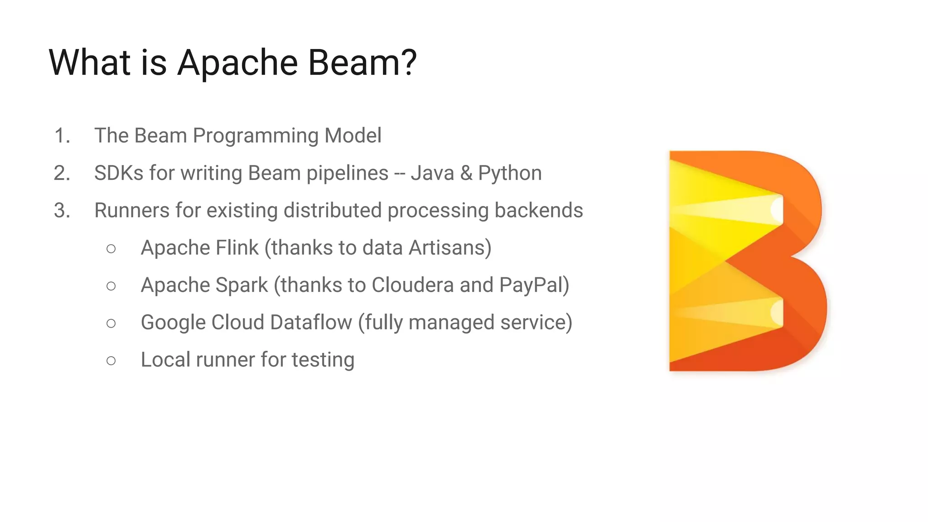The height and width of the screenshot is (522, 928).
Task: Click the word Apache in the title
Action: click(237, 62)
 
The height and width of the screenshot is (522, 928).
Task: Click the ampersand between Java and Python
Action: click(466, 173)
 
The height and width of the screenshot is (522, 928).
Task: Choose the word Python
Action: click(510, 173)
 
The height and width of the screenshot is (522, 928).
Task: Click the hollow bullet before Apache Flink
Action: click(111, 248)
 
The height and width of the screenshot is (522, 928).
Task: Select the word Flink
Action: click(237, 248)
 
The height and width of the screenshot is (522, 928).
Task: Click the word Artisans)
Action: click(449, 248)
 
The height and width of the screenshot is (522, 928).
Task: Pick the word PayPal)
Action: click(534, 285)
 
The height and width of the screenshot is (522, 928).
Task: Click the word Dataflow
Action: click(311, 323)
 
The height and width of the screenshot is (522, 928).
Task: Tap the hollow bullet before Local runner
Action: click(111, 361)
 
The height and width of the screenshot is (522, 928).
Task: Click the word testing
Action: click(323, 360)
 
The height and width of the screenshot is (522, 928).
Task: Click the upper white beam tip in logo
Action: click(777, 209)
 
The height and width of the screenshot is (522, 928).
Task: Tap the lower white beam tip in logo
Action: click(777, 312)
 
